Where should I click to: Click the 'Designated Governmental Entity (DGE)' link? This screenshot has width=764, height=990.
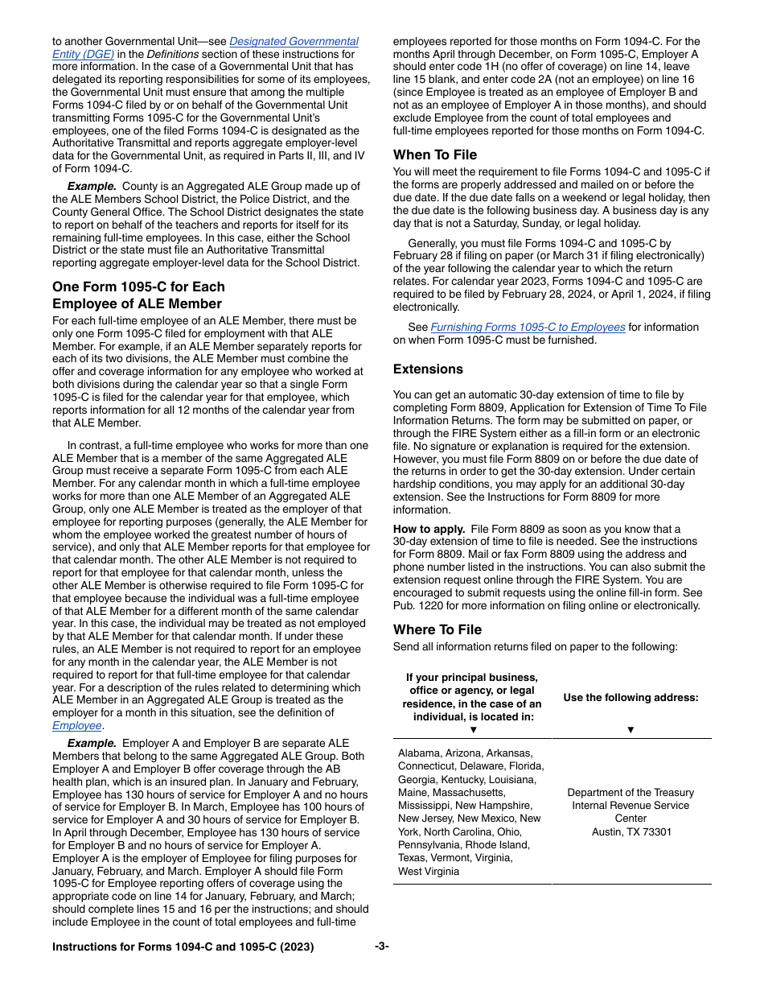[294, 41]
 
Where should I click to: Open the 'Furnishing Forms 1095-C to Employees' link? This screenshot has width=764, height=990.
[528, 327]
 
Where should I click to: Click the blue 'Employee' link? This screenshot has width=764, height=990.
[77, 726]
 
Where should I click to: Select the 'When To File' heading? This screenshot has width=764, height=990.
[434, 155]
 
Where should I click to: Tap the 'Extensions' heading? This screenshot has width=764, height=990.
[428, 369]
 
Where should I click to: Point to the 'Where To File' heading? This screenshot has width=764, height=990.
[437, 629]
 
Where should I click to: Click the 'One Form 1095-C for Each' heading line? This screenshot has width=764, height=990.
[138, 287]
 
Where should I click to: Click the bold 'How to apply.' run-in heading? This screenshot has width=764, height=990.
[429, 529]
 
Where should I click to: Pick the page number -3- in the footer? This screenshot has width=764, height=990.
[382, 947]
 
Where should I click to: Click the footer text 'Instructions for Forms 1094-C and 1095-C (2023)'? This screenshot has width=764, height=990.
[183, 947]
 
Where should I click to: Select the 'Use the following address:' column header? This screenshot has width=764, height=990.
[631, 698]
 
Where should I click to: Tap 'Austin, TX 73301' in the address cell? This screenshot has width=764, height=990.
[631, 831]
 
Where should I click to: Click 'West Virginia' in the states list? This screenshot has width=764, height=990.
[429, 871]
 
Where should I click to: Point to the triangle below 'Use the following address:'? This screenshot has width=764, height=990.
[631, 729]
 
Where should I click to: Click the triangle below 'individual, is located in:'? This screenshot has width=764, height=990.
[473, 729]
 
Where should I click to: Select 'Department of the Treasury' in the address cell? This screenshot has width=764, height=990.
[631, 793]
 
